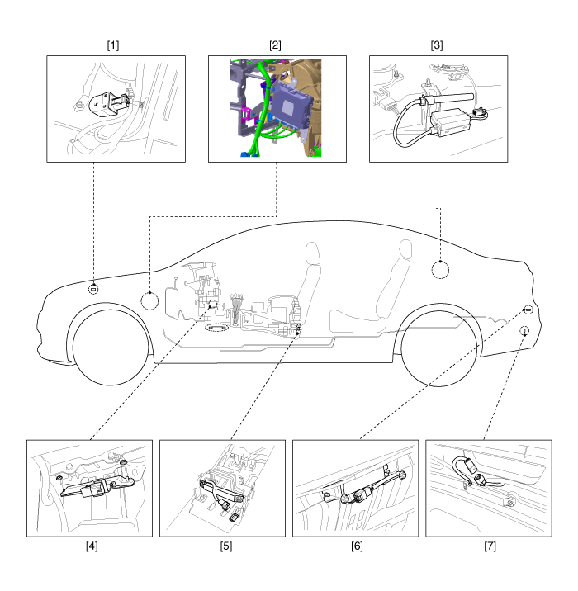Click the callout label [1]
113,45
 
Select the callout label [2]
275,45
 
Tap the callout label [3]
437,45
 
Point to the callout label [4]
92,546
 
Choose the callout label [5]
226,546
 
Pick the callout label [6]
357,546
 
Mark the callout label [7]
490,546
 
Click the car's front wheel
111,348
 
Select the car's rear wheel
439,348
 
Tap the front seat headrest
313,253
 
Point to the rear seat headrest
405,248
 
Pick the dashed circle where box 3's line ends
440,270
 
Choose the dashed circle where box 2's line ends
149,301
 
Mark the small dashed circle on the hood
93,290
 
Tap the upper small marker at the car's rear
528,310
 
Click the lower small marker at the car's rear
524,331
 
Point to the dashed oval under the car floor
216,328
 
